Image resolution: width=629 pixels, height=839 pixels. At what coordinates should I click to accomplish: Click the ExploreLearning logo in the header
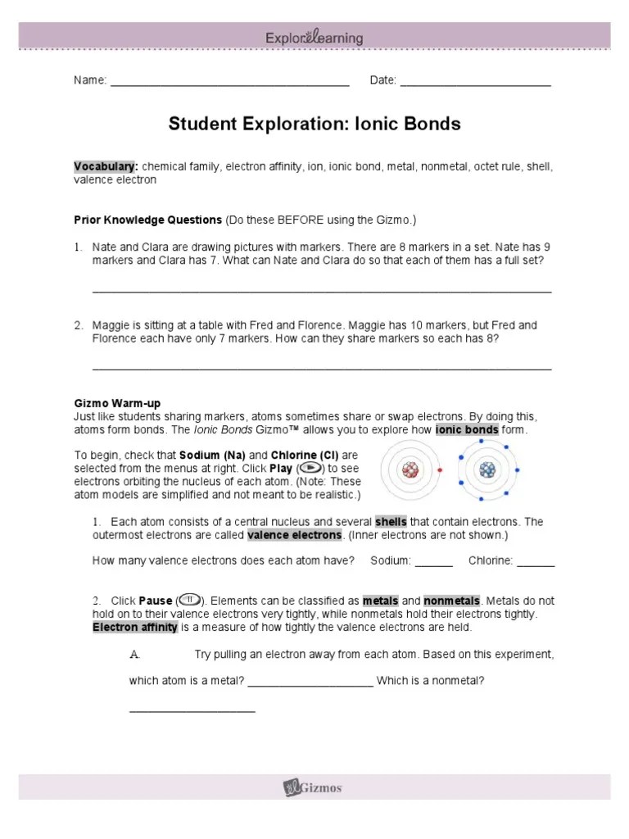pyautogui.click(x=314, y=38)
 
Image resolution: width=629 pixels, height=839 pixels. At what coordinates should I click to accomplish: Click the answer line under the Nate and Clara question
pyautogui.click(x=321, y=291)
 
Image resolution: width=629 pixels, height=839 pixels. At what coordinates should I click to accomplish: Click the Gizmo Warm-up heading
pyautogui.click(x=117, y=404)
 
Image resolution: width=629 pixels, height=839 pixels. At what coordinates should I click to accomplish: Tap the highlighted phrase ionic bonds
pyautogui.click(x=467, y=430)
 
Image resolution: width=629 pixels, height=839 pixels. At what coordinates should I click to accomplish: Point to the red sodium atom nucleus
pyautogui.click(x=410, y=469)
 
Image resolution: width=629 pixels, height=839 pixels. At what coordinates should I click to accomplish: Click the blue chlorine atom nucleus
pyautogui.click(x=487, y=469)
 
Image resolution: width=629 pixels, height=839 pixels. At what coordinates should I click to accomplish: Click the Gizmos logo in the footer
pyautogui.click(x=314, y=788)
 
